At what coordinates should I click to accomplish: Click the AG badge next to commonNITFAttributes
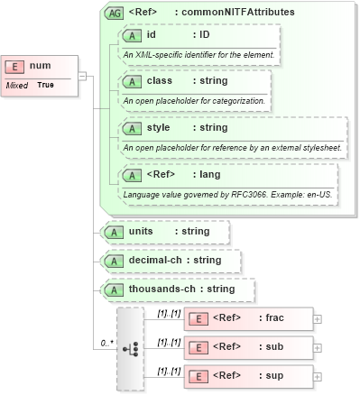pos(115,13)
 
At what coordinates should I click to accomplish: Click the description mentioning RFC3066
pos(229,194)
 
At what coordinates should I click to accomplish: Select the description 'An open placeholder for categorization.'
pos(194,101)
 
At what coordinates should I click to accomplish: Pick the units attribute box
pos(166,232)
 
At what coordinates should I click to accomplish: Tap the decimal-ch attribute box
pos(172,261)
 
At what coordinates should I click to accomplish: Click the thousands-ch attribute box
pos(178,289)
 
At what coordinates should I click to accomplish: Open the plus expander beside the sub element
pos(317,345)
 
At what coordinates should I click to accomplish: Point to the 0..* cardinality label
pos(106,343)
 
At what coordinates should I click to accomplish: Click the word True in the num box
pos(45,85)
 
